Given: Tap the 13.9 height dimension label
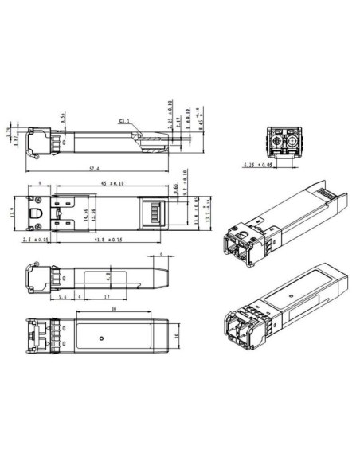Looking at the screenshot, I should (x=11, y=213).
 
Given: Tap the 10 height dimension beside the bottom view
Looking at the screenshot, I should (x=176, y=336).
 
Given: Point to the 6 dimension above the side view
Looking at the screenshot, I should (x=161, y=255).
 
